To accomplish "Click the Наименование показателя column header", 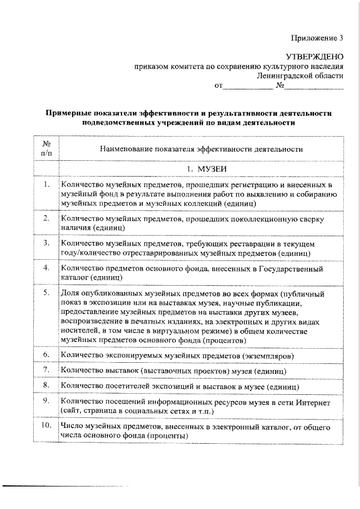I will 201,149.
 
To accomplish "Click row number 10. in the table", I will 46,427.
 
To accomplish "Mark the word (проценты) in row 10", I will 166,436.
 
